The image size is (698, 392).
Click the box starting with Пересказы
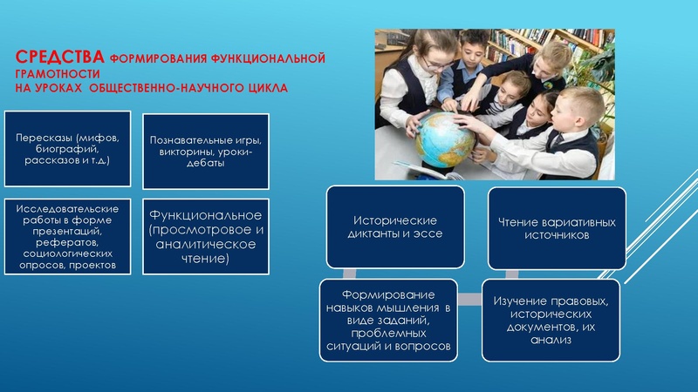67,149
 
